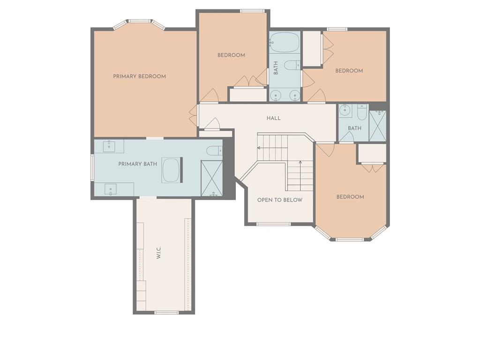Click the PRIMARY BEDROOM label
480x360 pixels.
pyautogui.click(x=139, y=76)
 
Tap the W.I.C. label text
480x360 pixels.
pyautogui.click(x=158, y=253)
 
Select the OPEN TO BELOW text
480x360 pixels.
pyautogui.click(x=280, y=200)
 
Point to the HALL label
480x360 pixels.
pyautogui.click(x=273, y=118)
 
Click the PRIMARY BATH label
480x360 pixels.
pyautogui.click(x=137, y=164)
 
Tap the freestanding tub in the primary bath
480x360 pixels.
pyautogui.click(x=171, y=170)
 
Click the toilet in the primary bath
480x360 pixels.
pyautogui.click(x=214, y=150)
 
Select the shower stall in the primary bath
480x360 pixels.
pyautogui.click(x=211, y=178)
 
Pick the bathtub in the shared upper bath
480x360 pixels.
pyautogui.click(x=285, y=42)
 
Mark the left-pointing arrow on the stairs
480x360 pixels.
pyautogui.click(x=272, y=148)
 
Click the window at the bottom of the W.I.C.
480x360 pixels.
pyautogui.click(x=166, y=313)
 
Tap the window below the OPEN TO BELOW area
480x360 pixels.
pyautogui.click(x=273, y=224)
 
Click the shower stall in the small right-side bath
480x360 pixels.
pyautogui.click(x=377, y=126)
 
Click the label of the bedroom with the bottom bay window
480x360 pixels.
pyautogui.click(x=350, y=197)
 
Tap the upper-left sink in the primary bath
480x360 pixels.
pyautogui.click(x=109, y=146)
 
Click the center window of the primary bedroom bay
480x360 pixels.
pyautogui.click(x=139, y=21)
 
